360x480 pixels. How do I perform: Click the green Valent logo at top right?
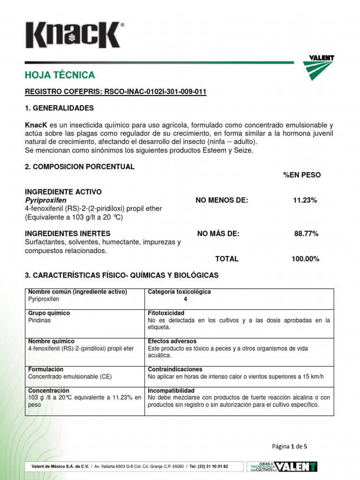point(322,67)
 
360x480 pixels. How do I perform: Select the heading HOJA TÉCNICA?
point(60,75)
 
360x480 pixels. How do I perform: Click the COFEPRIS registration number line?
point(115,92)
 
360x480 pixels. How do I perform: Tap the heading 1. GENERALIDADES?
point(59,108)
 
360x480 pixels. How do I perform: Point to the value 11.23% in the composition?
point(305,200)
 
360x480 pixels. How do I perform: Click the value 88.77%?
point(306,233)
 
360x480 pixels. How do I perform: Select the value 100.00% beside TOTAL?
point(305,259)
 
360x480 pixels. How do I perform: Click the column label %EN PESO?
point(302,175)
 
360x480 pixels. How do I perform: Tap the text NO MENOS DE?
point(222,200)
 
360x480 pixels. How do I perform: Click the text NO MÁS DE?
point(218,233)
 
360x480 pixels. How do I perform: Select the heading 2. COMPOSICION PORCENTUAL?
point(79,167)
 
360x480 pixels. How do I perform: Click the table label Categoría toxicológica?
point(179,292)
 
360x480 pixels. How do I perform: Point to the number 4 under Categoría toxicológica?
point(185,299)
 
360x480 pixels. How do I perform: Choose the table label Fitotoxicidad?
point(166,313)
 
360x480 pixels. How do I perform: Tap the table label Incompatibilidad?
point(171,390)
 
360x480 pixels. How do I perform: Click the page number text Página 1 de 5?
point(289,446)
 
